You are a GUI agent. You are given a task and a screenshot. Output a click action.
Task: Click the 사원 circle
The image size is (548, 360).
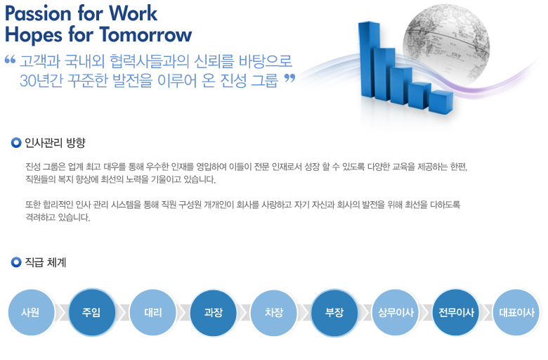pos(32,312)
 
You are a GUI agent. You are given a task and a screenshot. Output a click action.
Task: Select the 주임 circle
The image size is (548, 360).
pos(92,312)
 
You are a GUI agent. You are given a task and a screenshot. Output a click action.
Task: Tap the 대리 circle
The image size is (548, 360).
pos(152,312)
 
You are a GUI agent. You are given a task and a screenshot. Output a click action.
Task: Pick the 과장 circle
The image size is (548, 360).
pos(213,312)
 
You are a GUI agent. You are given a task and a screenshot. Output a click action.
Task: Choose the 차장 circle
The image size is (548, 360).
pos(274,312)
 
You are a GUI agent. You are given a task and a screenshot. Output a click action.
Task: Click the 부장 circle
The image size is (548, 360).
pos(334,312)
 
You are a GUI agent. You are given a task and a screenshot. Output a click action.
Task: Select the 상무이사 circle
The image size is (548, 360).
pos(396,312)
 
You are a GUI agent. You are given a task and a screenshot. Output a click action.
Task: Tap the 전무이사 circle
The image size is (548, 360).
pos(456,312)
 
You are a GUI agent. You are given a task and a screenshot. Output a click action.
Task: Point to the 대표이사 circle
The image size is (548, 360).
pos(516,312)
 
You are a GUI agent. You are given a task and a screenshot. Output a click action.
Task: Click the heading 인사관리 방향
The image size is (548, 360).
pos(55,143)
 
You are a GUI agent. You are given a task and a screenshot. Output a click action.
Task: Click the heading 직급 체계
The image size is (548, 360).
pos(46,262)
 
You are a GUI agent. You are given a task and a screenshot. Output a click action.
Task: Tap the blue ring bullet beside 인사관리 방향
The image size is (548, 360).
pos(16,143)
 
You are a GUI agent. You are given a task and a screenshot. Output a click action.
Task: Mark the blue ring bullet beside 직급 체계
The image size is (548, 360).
pos(16,262)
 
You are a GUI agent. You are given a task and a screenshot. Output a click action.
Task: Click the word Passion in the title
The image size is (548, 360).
pos(38,14)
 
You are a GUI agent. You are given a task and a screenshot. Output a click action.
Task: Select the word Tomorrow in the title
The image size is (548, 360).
pos(145,35)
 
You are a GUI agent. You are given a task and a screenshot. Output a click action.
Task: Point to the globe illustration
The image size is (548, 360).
pos(446,45)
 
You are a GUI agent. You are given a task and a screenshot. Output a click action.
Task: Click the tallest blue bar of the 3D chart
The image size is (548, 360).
pos(369,60)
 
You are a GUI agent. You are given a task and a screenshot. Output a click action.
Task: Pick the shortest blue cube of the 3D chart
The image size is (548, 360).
pos(441,101)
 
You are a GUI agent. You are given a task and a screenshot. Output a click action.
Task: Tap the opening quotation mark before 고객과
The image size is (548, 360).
pos(10,60)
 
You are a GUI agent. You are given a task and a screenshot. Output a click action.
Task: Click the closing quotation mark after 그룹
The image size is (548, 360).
pos(289,78)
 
